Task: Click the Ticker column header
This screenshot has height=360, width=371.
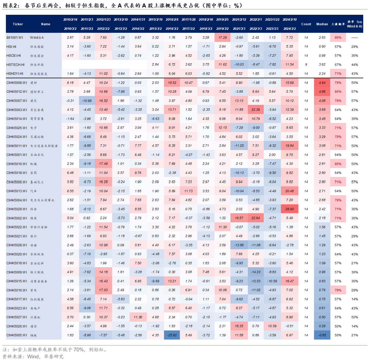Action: pyautogui.click(x=18, y=24)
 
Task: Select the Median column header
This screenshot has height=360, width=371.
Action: pyautogui.click(x=322, y=24)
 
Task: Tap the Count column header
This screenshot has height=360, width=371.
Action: pyautogui.click(x=306, y=24)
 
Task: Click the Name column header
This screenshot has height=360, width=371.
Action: pyautogui.click(x=46, y=24)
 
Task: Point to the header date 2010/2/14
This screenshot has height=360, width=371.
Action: pyautogui.click(x=70, y=19)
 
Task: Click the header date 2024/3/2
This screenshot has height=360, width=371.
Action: pyautogui.click(x=290, y=29)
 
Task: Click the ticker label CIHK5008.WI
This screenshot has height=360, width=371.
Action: pyautogui.click(x=17, y=83)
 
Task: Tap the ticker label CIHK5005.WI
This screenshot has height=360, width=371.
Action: pyautogui.click(x=17, y=335)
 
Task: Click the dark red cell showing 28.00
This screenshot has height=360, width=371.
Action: pyautogui.click(x=290, y=209)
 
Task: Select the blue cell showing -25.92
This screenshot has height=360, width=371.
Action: pyautogui.click(x=172, y=335)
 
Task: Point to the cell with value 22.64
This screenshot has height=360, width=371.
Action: pyautogui.click(x=256, y=218)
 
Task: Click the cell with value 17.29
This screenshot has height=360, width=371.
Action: pyautogui.click(x=223, y=38)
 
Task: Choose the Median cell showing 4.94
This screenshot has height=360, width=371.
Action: pyautogui.click(x=322, y=83)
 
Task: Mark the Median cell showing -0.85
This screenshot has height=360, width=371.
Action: pyautogui.click(x=322, y=335)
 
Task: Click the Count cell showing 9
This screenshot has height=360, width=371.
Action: pyautogui.click(x=306, y=65)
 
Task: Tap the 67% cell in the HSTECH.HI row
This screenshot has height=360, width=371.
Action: pyautogui.click(x=338, y=65)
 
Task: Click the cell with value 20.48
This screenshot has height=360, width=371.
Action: pyautogui.click(x=290, y=191)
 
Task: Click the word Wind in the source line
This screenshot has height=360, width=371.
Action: pyautogui.click(x=33, y=357)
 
